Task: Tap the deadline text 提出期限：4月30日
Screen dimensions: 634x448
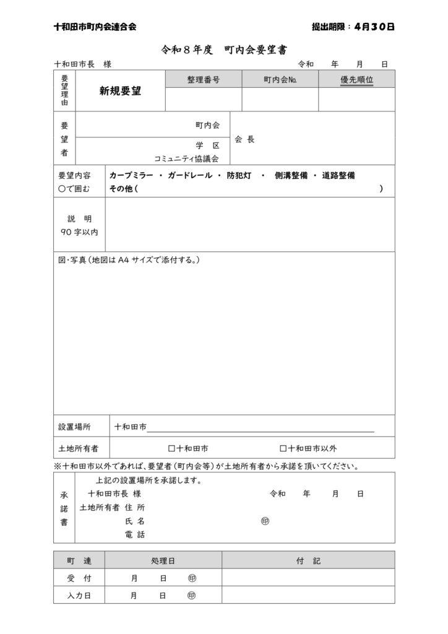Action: [353, 27]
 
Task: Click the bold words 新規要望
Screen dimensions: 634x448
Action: [120, 91]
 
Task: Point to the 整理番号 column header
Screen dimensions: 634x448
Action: [204, 79]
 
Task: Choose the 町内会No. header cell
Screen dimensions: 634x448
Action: [280, 79]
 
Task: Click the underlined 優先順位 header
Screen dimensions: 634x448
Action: [356, 79]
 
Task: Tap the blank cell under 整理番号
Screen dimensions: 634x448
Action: [204, 99]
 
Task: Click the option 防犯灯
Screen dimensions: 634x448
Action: [239, 176]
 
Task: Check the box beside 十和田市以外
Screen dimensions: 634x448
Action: [283, 448]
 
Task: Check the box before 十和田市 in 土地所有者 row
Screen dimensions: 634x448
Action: [172, 448]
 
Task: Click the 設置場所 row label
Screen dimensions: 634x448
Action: [74, 427]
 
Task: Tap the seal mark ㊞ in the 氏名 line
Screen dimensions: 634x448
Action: [265, 521]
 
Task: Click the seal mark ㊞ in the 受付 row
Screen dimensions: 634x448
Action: [191, 578]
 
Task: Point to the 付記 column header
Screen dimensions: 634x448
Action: [308, 560]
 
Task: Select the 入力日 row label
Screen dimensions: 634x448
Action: [79, 595]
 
